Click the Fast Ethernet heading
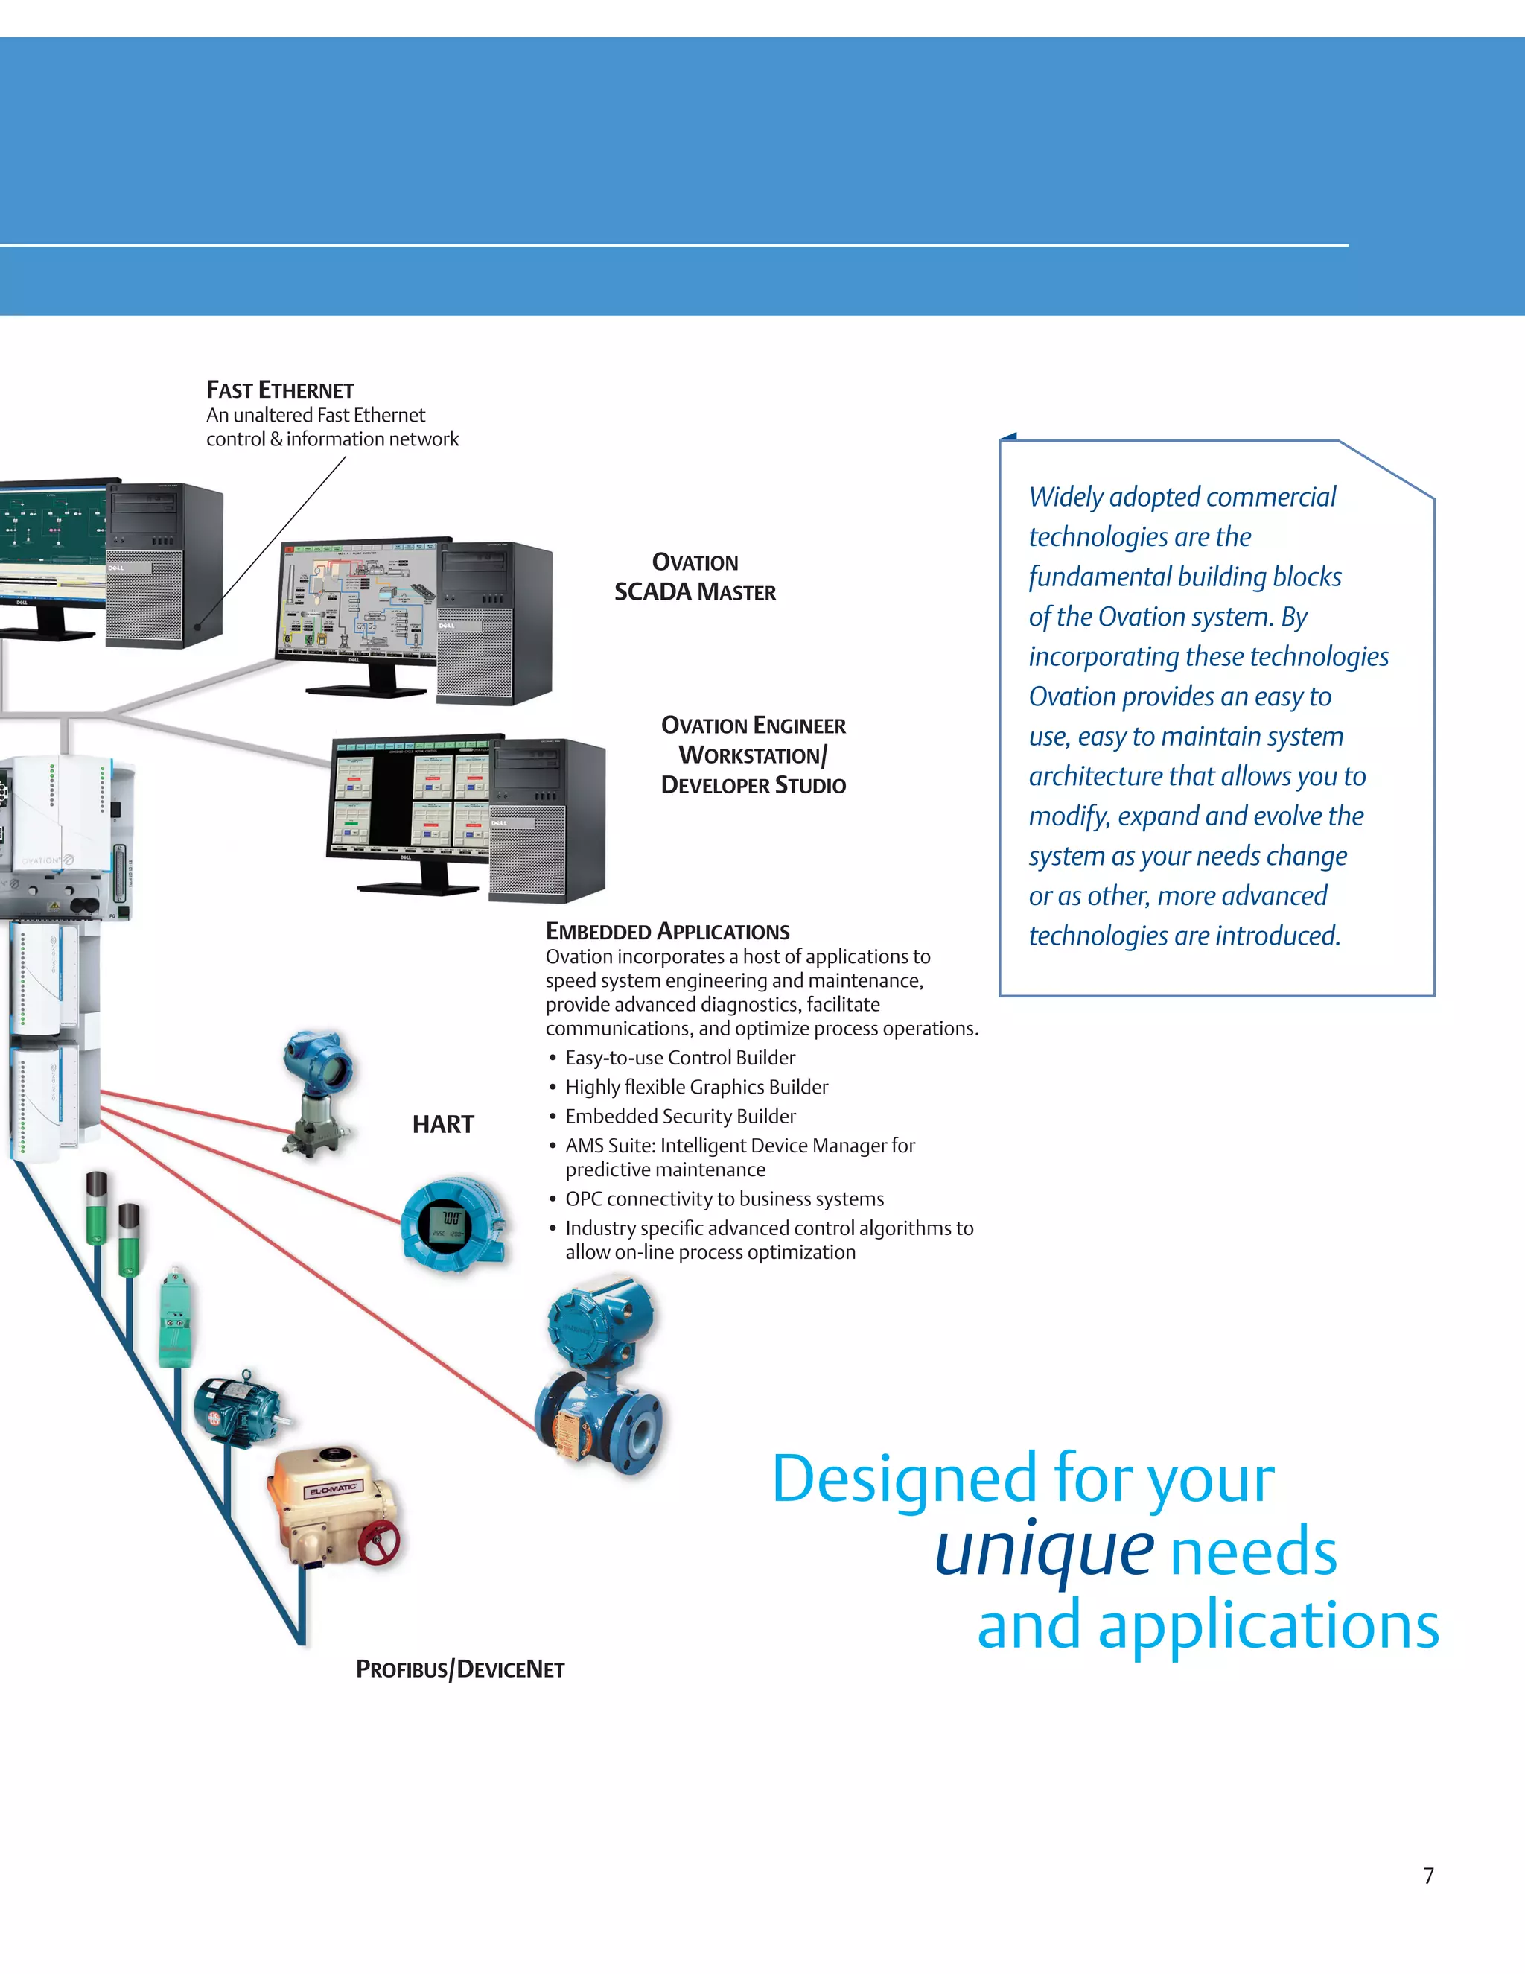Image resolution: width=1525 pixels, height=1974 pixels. coord(280,390)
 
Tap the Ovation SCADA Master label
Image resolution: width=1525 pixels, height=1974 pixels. coord(695,577)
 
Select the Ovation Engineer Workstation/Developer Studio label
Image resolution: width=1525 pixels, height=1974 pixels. coord(754,755)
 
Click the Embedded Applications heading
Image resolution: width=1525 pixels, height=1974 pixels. coord(668,932)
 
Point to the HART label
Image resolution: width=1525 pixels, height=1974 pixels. coord(443,1124)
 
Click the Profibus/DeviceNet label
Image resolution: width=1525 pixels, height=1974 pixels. coord(460,1669)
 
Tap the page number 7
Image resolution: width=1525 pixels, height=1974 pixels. coord(1428,1876)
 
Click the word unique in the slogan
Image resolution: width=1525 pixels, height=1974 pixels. coord(1043,1551)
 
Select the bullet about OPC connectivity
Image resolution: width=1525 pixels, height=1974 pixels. coord(725,1199)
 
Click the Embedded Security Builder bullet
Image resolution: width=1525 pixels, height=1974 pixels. coord(681,1117)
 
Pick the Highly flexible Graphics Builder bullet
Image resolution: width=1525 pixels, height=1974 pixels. coord(696,1088)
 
